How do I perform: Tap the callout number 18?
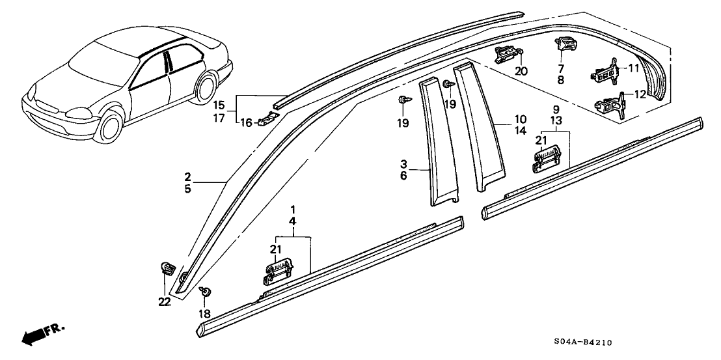point(205,313)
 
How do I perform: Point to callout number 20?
point(521,71)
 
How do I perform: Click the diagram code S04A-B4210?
point(584,342)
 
